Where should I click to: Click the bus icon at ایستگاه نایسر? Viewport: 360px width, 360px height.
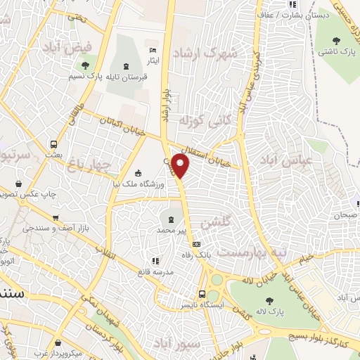(202, 294)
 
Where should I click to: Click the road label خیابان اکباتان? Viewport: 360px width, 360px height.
(123, 127)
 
